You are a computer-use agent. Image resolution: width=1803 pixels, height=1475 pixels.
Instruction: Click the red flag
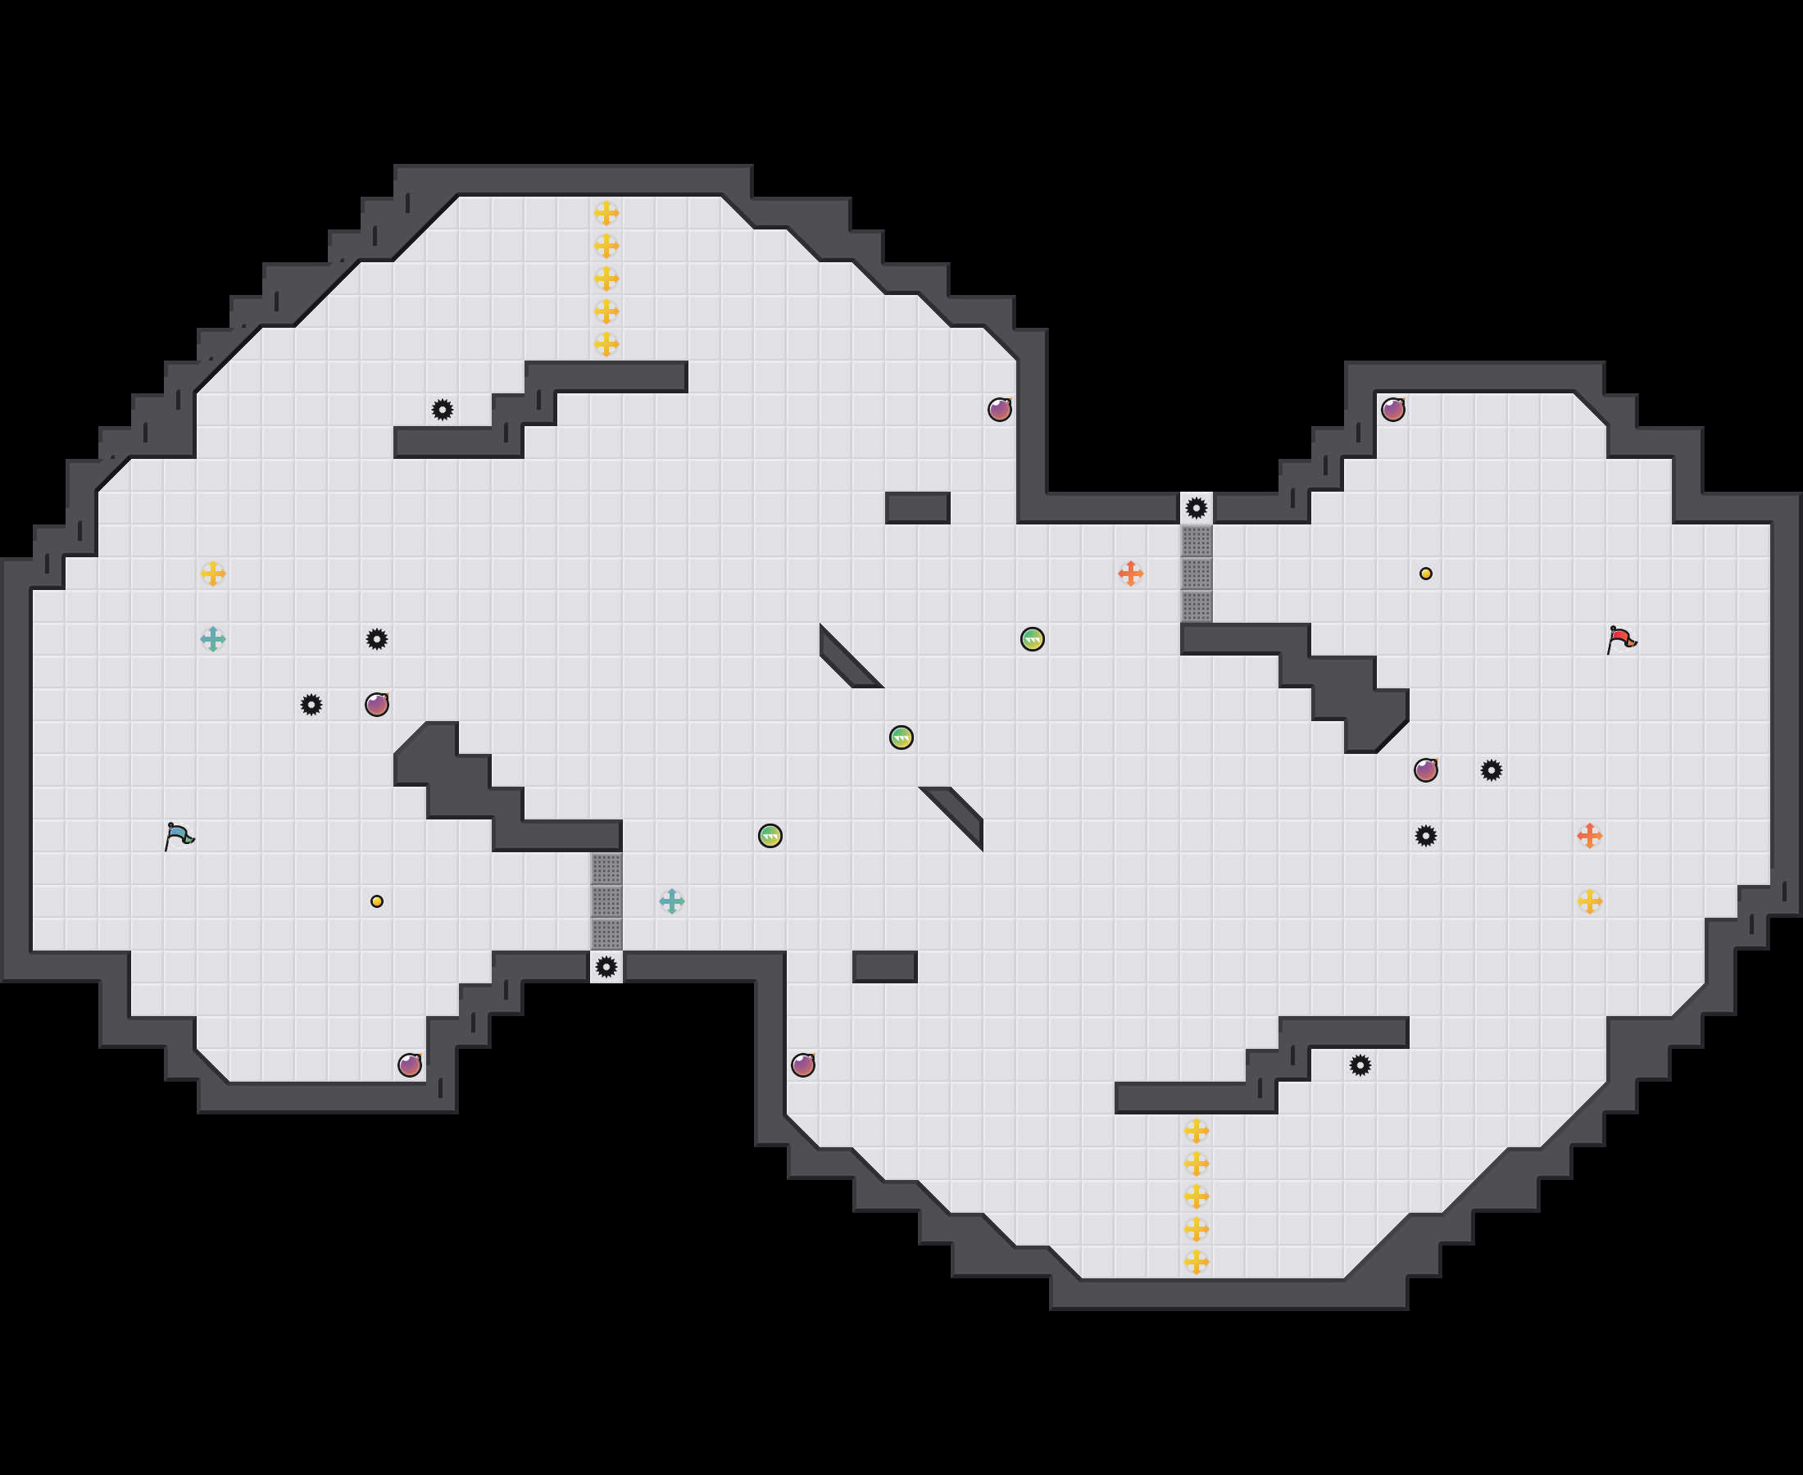pos(1621,639)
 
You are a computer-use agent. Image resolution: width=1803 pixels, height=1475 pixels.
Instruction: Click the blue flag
pos(179,836)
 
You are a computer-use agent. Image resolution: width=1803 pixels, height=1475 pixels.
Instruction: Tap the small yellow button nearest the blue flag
pos(376,901)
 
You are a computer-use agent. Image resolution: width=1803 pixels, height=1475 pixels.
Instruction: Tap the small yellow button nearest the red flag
pos(1426,574)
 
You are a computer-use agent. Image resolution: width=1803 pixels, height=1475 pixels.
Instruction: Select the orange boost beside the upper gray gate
pos(1130,574)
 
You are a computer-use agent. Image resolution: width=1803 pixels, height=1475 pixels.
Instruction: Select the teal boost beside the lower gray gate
pos(671,901)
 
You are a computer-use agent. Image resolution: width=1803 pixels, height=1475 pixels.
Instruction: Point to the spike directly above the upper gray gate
pos(1197,508)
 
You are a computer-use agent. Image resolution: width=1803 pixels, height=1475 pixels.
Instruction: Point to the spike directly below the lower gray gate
pos(606,967)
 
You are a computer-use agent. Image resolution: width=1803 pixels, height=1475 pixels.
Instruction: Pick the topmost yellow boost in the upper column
pos(606,212)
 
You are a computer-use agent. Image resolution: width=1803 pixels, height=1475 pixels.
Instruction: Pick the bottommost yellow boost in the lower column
pos(1197,1262)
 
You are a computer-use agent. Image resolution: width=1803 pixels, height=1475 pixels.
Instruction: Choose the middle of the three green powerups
pos(901,737)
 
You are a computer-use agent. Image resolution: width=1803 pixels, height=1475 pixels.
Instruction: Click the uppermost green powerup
pos(1033,639)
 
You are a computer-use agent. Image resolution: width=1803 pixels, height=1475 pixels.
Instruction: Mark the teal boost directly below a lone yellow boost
pos(212,639)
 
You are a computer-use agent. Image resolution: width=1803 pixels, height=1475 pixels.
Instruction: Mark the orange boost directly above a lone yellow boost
pos(1590,836)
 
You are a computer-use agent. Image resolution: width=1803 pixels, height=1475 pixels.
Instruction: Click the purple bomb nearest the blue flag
pos(376,705)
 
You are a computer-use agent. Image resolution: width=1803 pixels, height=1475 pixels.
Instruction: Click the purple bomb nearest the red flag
pos(1426,769)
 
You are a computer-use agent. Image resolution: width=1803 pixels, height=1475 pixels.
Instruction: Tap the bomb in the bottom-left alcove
pos(410,1064)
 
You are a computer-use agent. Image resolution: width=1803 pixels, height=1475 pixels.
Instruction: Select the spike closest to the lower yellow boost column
pos(1360,1064)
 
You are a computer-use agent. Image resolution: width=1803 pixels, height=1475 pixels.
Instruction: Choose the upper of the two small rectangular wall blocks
pos(918,508)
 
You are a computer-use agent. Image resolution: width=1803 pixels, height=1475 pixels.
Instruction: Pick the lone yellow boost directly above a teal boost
pos(212,574)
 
